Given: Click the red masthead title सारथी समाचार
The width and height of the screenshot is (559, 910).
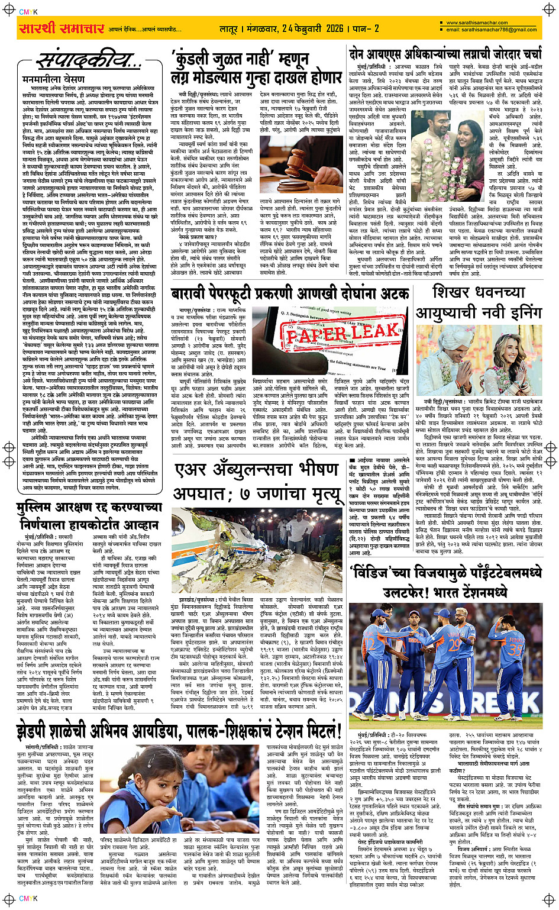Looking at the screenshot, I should (x=62, y=29).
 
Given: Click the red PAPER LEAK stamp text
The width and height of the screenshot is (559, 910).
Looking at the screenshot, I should (x=344, y=334).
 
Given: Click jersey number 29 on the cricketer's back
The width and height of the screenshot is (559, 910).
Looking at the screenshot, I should (x=454, y=644).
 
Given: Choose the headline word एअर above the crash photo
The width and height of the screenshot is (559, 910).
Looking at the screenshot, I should (x=192, y=470).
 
